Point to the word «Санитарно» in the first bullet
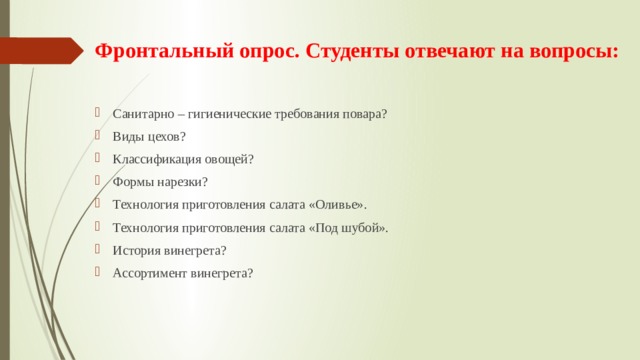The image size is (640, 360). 141,114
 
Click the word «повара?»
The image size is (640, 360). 364,114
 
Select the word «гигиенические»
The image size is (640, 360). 232,114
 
